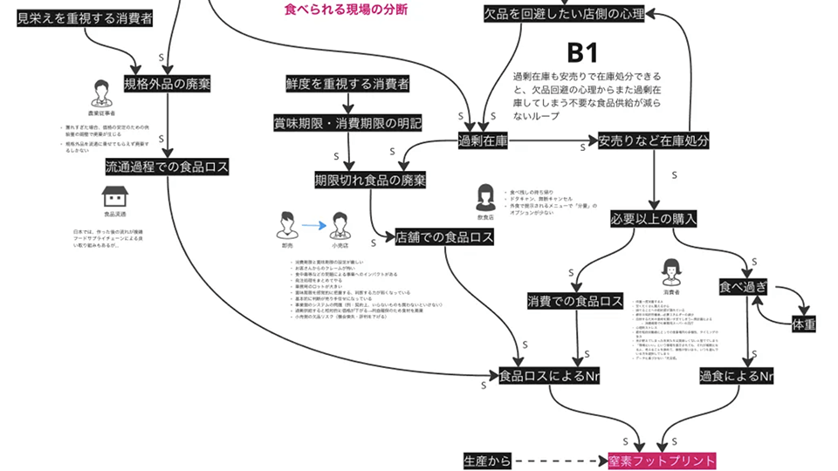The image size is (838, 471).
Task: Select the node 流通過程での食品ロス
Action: click(167, 166)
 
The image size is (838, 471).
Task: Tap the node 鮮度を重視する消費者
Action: click(347, 84)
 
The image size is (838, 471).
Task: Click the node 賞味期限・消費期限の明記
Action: click(347, 123)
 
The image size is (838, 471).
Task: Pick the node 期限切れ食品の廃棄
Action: click(370, 181)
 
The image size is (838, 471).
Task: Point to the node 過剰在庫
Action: click(484, 140)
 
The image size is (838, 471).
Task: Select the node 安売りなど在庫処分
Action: click(653, 140)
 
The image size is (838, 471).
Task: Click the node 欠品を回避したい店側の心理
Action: click(564, 14)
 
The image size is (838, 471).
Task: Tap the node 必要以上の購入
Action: click(653, 218)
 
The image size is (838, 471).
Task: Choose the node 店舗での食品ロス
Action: click(444, 236)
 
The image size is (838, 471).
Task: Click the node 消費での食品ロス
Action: click(575, 302)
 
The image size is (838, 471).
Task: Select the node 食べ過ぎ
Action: click(743, 285)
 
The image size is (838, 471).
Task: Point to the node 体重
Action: click(804, 324)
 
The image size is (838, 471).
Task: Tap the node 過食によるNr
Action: click(737, 377)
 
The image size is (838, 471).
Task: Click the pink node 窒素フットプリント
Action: click(662, 460)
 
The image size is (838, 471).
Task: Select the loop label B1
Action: click(582, 53)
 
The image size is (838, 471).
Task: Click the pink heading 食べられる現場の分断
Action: click(346, 10)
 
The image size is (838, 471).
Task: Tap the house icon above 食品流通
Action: click(114, 195)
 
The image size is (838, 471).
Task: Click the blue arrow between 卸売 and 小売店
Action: click(312, 226)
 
